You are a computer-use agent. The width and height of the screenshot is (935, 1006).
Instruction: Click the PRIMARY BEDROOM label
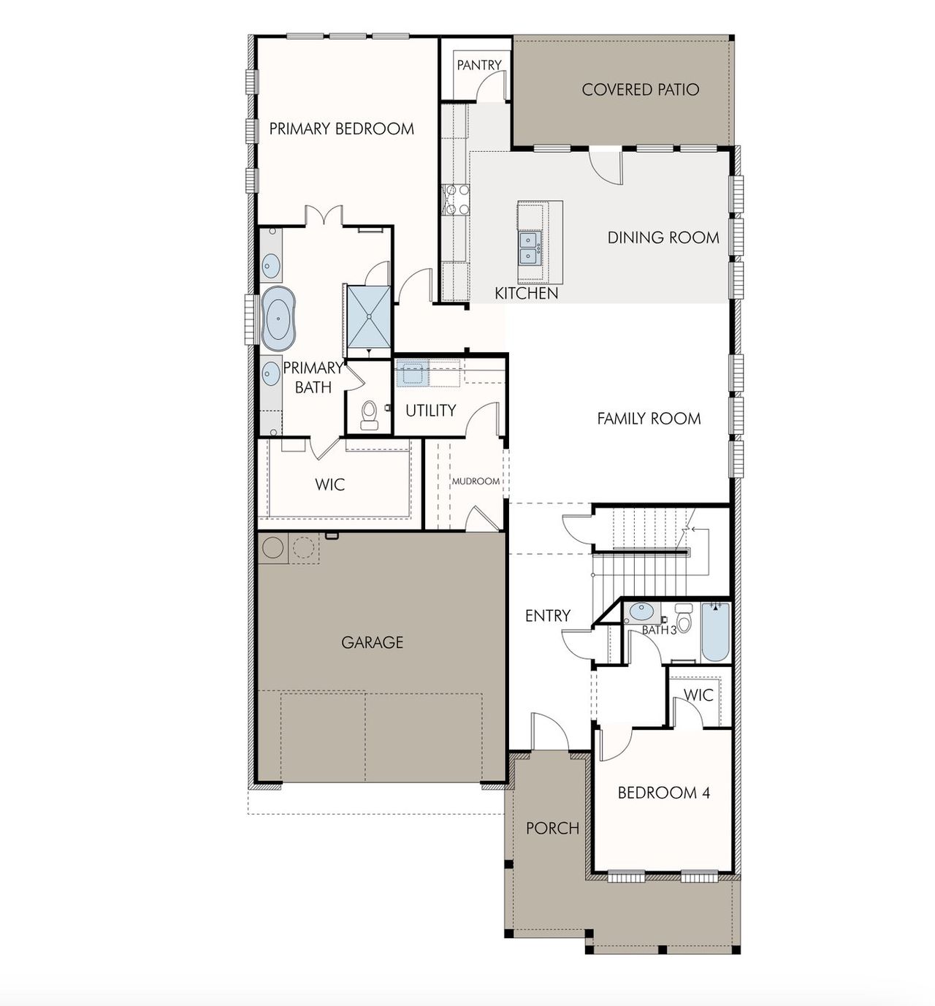pyautogui.click(x=341, y=129)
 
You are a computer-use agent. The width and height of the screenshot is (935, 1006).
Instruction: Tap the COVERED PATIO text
pyautogui.click(x=640, y=90)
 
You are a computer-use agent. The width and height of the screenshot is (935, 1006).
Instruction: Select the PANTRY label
pyautogui.click(x=478, y=65)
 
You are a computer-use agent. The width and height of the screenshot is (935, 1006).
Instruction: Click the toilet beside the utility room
pyautogui.click(x=370, y=415)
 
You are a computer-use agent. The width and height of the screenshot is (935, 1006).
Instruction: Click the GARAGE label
pyautogui.click(x=372, y=642)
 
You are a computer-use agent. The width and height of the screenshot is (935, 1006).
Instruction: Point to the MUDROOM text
pyautogui.click(x=476, y=481)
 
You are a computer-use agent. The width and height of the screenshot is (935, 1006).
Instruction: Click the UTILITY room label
pyautogui.click(x=430, y=411)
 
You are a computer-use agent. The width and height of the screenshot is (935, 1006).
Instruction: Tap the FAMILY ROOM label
pyautogui.click(x=649, y=419)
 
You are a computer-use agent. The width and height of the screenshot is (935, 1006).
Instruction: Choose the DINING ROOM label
pyautogui.click(x=663, y=237)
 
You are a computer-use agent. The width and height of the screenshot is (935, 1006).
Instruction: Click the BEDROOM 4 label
pyautogui.click(x=663, y=793)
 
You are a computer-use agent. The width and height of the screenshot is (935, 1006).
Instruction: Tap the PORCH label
pyautogui.click(x=552, y=828)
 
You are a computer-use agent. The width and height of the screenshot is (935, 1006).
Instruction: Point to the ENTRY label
pyautogui.click(x=547, y=616)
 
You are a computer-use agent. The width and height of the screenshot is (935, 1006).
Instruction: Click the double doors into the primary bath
pyautogui.click(x=323, y=216)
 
